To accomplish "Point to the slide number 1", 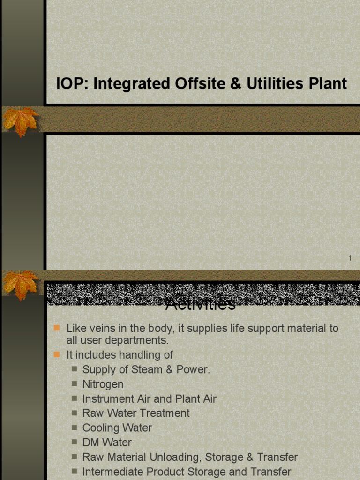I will click(x=350, y=258).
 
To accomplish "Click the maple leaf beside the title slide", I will click(x=21, y=121).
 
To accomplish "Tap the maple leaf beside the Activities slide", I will click(x=21, y=284).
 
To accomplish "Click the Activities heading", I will click(x=201, y=305).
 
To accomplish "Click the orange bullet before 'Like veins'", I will click(x=57, y=328).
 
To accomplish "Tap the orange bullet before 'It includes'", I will click(x=57, y=354).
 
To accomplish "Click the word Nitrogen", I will click(x=103, y=384).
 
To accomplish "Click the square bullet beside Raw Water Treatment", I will click(x=74, y=413).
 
